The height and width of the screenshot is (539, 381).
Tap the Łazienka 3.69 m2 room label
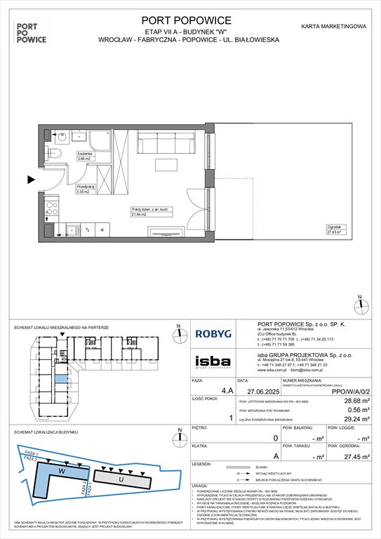coord(86,157)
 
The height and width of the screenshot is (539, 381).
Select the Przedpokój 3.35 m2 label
coord(86,187)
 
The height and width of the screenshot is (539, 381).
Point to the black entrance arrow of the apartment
coord(31,180)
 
